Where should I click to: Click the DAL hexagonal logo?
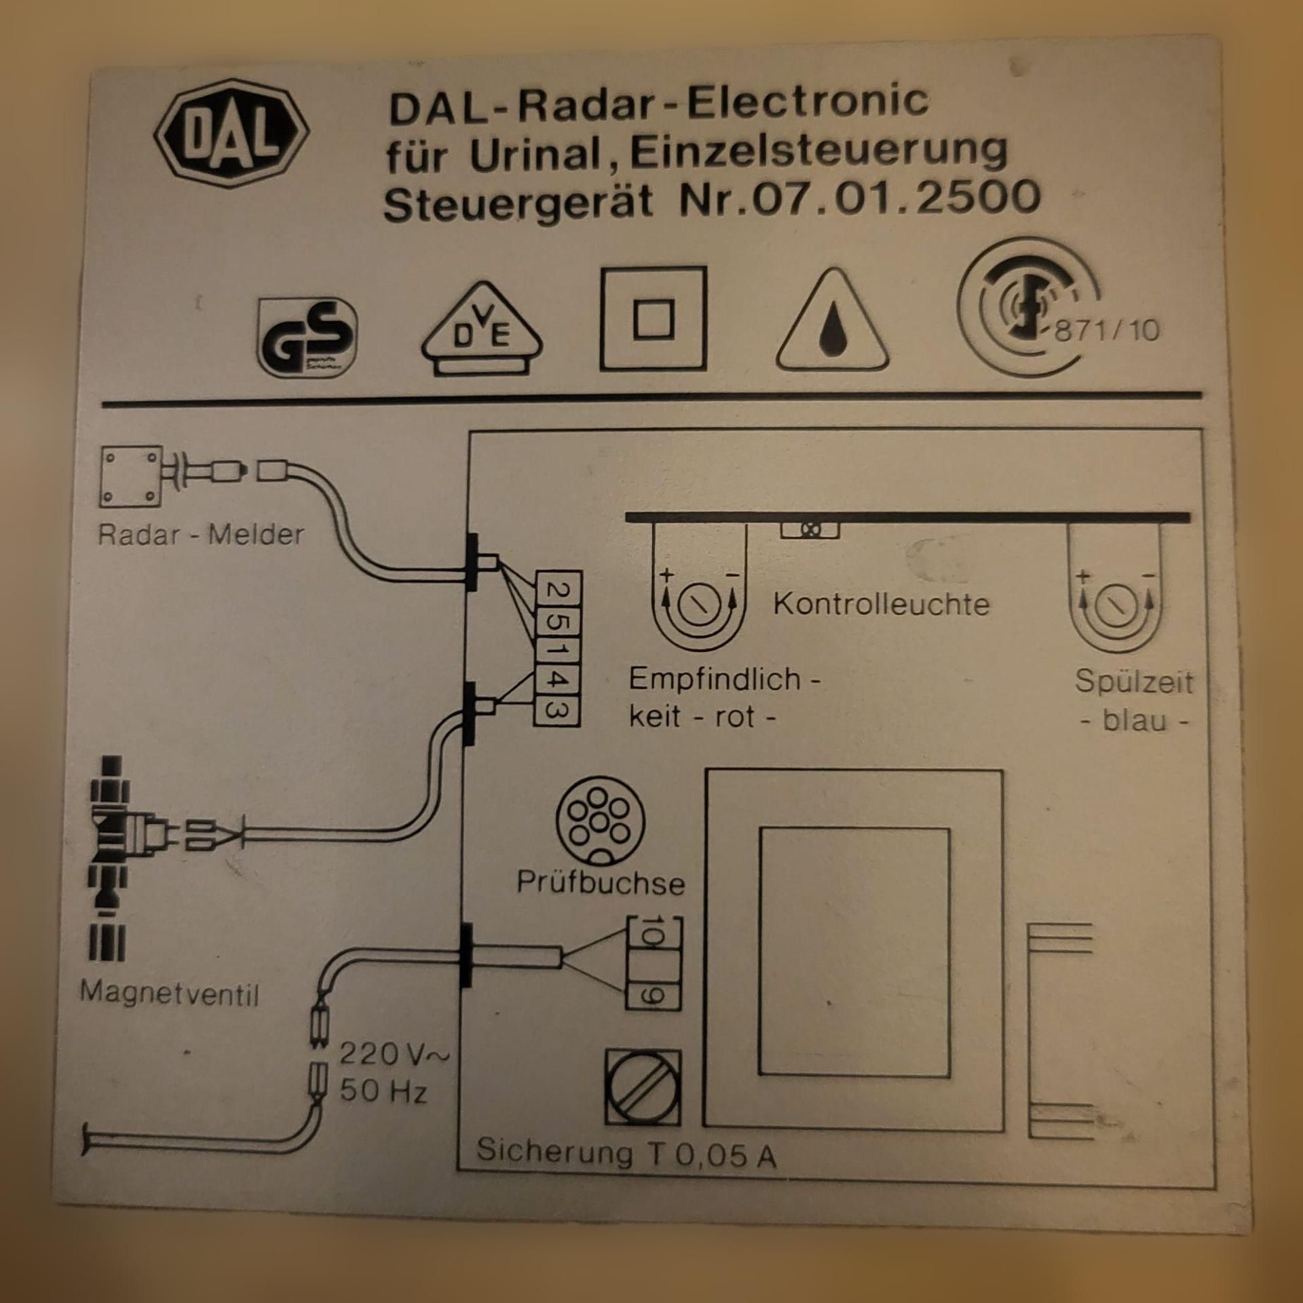[x=231, y=131]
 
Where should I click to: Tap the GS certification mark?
[x=307, y=337]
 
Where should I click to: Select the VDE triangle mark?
[x=482, y=328]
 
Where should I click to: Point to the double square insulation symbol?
[x=653, y=318]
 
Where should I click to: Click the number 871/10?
[x=1107, y=331]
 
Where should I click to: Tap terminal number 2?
[x=557, y=590]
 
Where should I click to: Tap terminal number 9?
[x=651, y=996]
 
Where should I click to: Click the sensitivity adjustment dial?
[x=698, y=605]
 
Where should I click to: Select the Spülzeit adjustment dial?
[x=1116, y=605]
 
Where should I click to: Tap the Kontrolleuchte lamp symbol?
[x=810, y=530]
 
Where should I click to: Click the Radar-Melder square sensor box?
[x=131, y=476]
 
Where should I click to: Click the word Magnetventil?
[x=170, y=995]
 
